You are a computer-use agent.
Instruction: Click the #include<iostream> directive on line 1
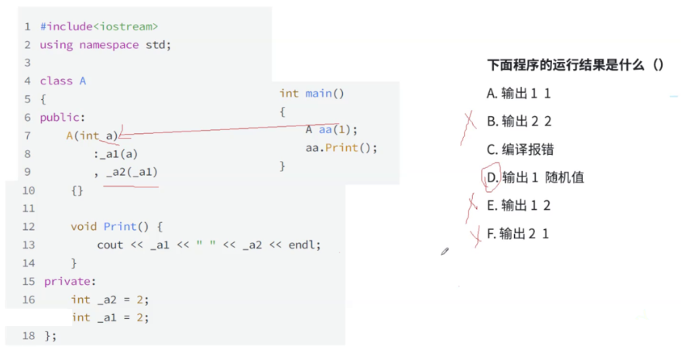tap(98, 26)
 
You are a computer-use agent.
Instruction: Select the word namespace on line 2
tap(110, 45)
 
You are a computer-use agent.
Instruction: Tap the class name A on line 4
tap(83, 81)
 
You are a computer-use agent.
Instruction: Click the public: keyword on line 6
tap(62, 118)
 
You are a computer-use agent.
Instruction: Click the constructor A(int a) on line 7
tap(92, 135)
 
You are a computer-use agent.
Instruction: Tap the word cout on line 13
tap(110, 245)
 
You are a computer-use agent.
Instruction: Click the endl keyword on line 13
tap(304, 245)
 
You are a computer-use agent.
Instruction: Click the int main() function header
tap(312, 94)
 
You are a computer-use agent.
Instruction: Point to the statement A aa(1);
tap(331, 130)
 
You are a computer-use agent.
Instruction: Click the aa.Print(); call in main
tap(341, 148)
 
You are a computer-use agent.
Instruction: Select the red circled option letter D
tap(491, 177)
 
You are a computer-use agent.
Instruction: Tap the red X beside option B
tap(468, 122)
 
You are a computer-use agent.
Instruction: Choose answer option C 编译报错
tap(520, 149)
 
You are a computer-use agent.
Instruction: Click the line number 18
tap(29, 335)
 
